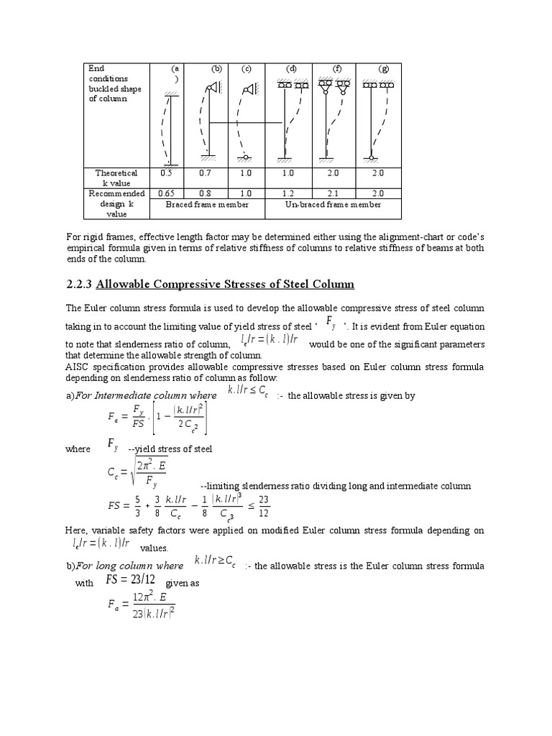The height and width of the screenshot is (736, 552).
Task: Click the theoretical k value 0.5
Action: click(x=167, y=173)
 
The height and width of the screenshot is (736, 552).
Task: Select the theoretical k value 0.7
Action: click(x=208, y=173)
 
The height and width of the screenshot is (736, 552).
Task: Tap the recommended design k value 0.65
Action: click(x=167, y=193)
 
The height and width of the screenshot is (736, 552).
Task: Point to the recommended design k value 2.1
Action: click(x=333, y=193)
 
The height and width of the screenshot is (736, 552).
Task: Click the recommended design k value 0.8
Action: click(x=208, y=193)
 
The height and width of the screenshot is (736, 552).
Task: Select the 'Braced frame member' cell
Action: click(x=207, y=205)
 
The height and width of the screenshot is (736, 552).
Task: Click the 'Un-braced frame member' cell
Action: click(x=333, y=205)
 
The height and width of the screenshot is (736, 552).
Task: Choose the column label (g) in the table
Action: click(x=384, y=69)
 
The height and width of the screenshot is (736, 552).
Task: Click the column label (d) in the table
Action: click(x=291, y=69)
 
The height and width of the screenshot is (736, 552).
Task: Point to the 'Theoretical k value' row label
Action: click(x=116, y=178)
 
